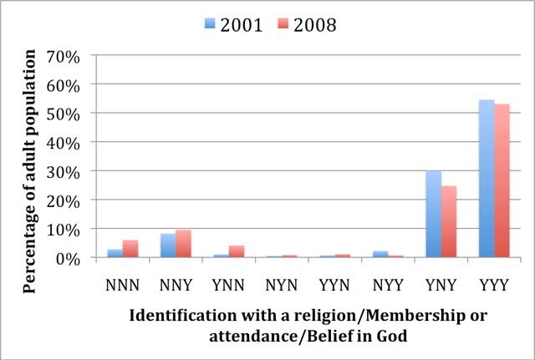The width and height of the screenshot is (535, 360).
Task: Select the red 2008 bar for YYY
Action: click(x=501, y=180)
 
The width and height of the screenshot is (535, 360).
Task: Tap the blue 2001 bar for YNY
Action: click(x=433, y=214)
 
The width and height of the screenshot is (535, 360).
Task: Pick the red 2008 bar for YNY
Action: click(x=448, y=221)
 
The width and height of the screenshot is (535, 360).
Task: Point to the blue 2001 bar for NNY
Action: click(x=168, y=246)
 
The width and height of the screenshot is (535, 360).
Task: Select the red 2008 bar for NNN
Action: click(x=130, y=249)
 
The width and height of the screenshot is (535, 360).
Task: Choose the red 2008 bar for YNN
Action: click(x=236, y=251)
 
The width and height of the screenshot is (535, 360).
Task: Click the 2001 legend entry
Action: click(x=234, y=24)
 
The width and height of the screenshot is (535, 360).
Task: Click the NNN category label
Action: click(x=122, y=283)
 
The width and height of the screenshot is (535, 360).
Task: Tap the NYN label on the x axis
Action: click(x=281, y=283)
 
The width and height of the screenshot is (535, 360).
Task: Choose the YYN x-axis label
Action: click(x=334, y=283)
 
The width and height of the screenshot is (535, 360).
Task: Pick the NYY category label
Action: click(x=387, y=283)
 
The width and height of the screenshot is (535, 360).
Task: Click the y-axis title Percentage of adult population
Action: click(x=30, y=170)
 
